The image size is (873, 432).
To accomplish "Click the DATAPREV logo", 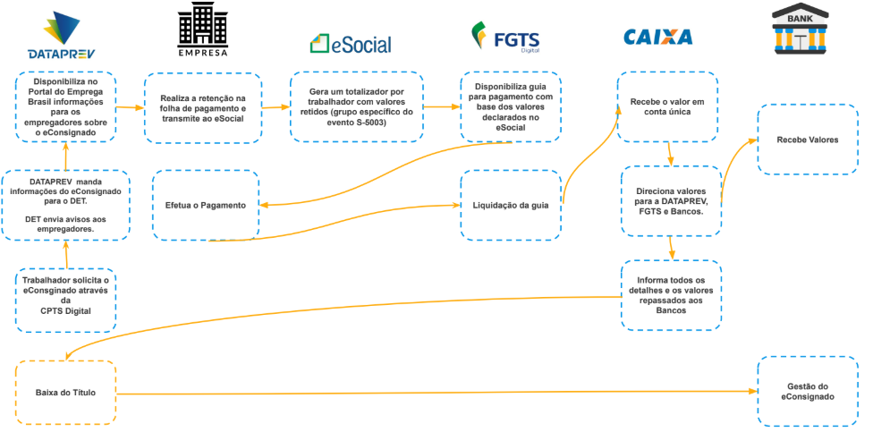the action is [61, 35].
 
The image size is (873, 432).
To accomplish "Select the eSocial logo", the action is [351, 44].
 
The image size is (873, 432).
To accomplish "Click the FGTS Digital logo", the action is [505, 38].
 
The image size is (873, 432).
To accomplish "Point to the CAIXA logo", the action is [658, 38].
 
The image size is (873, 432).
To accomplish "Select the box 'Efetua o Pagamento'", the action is [206, 206].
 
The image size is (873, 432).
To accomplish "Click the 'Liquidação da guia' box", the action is [511, 206].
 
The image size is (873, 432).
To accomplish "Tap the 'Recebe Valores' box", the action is [808, 140].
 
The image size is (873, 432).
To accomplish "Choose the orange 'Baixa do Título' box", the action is [64, 393].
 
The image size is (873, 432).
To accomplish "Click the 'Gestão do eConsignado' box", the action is [808, 392].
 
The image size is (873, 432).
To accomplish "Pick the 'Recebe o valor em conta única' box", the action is [667, 107].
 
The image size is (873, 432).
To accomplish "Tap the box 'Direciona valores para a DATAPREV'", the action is [672, 200].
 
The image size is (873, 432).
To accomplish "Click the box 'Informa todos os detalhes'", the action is [672, 295].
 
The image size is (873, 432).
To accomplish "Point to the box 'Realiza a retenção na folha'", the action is [203, 108].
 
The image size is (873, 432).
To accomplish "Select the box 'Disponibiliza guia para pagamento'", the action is [511, 107].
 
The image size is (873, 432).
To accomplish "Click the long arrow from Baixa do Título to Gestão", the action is [436, 393].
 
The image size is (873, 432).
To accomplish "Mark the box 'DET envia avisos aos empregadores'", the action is [65, 206].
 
